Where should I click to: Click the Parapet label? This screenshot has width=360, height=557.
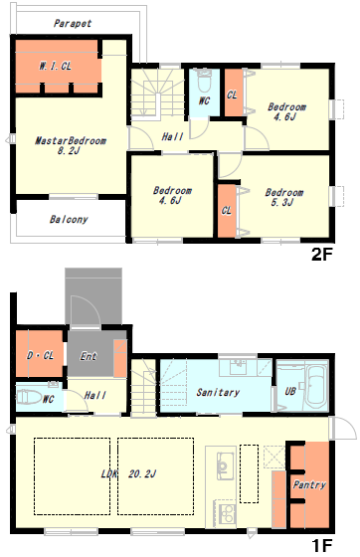coord(73,24)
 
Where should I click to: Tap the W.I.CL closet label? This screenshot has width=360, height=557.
coord(55,66)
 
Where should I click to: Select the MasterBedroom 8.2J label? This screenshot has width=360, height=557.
coord(71,145)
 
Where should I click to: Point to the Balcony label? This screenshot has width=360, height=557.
coord(69,219)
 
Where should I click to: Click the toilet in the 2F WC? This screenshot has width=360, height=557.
coord(204,82)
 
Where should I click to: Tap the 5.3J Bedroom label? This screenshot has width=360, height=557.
coord(284,197)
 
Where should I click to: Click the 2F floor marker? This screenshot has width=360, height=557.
coord(321,255)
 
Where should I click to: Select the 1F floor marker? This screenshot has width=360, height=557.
coord(321,545)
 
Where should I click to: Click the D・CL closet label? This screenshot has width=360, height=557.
coord(40,355)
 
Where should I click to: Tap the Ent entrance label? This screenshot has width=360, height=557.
coord(89,356)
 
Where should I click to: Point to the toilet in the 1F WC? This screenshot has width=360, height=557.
coord(29,397)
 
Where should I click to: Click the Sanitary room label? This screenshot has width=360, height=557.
coord(218,392)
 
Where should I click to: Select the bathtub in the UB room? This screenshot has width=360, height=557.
coord(316,387)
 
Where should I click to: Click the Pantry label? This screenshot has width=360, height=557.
coord(309,484)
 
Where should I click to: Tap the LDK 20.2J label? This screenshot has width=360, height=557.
coord(128,473)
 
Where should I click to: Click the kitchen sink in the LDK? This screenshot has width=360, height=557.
coord(223,465)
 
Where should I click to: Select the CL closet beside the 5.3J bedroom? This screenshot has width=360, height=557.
coord(227,211)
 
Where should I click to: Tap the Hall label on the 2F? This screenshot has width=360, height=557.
coord(172,136)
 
